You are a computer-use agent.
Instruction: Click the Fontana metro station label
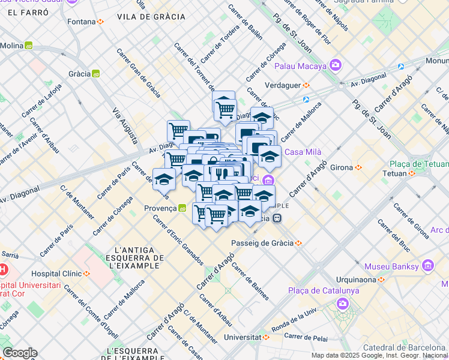pyautogui.click(x=82, y=22)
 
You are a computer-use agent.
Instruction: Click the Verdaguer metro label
pyautogui.click(x=282, y=85)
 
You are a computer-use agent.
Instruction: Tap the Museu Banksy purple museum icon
pyautogui.click(x=428, y=265)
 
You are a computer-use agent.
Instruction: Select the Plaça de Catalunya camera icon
pyautogui.click(x=343, y=304)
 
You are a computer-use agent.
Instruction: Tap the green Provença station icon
pyautogui.click(x=182, y=208)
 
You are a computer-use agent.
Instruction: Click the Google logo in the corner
pyautogui.click(x=20, y=353)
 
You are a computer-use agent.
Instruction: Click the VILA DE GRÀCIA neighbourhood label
pyautogui.click(x=151, y=17)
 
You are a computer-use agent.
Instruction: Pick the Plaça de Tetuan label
pyautogui.click(x=416, y=164)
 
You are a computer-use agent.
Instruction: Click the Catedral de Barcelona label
pyautogui.click(x=406, y=347)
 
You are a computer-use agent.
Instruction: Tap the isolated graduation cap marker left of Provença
pyautogui.click(x=164, y=179)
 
